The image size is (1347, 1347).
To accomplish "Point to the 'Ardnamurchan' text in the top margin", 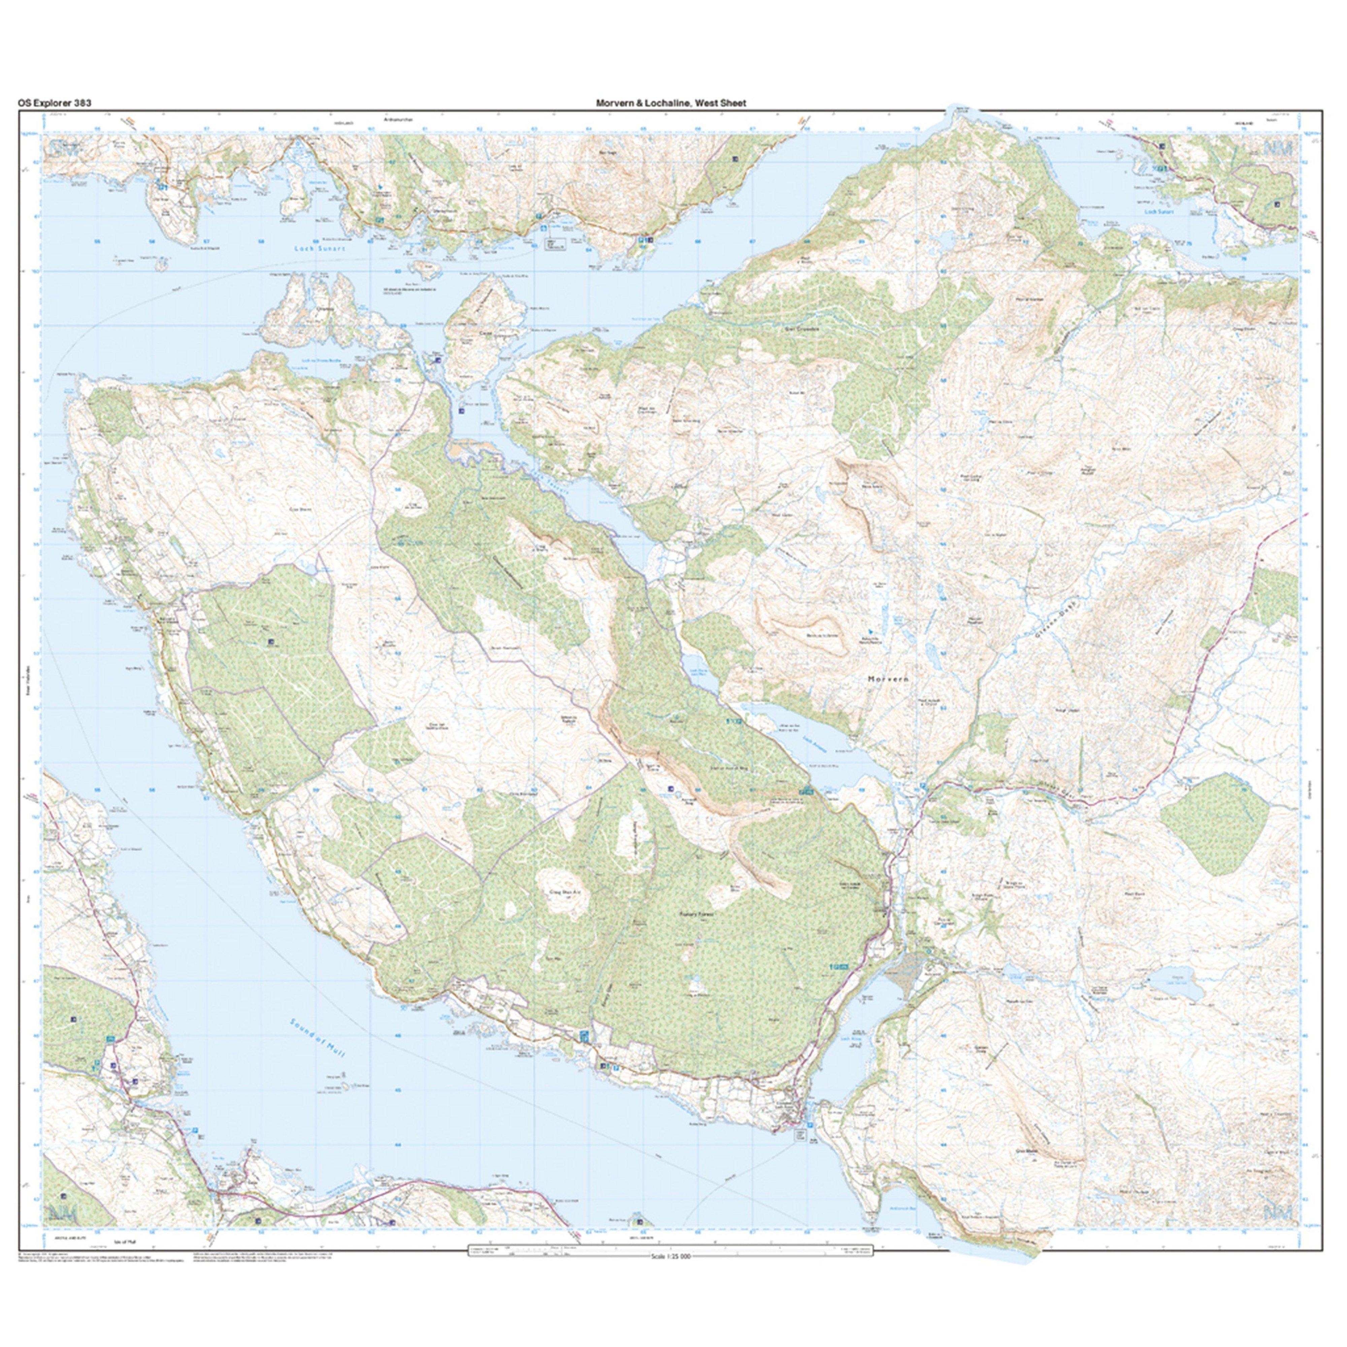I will click(x=398, y=120).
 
